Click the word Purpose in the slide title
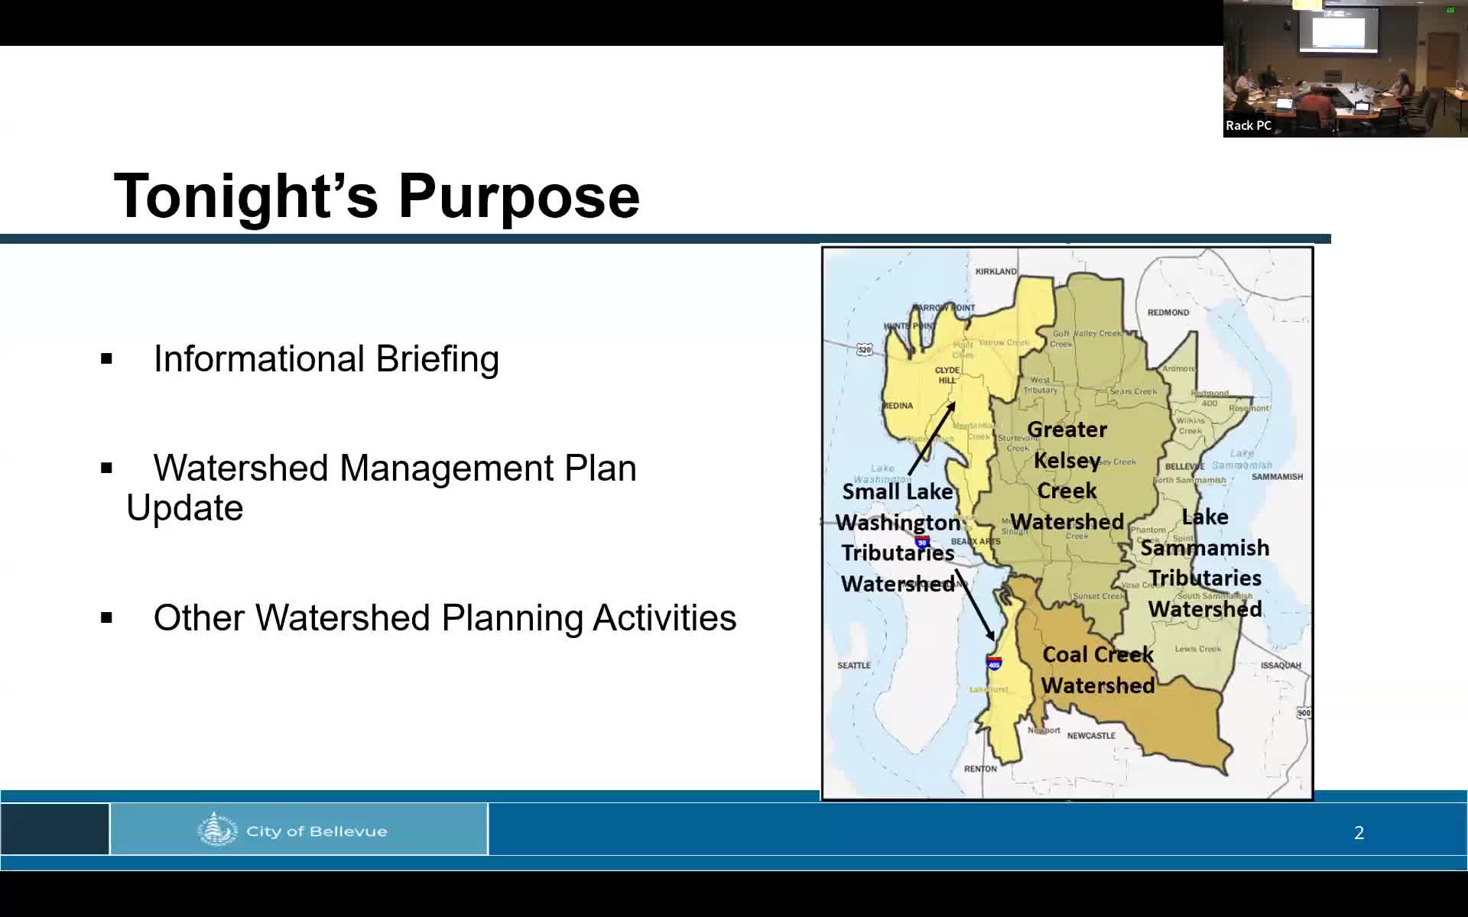point(518,197)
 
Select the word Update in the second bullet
point(185,508)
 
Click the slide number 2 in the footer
point(1359,833)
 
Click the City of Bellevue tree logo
point(217,830)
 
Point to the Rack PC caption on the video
point(1248,125)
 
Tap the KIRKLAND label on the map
point(995,271)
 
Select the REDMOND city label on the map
point(1168,313)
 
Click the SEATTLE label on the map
point(853,666)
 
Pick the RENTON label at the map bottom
point(979,769)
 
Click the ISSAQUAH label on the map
point(1281,666)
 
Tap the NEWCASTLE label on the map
point(1091,736)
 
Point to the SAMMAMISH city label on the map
point(1277,477)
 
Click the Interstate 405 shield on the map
point(994,663)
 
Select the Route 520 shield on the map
point(864,350)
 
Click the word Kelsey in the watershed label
point(1067,461)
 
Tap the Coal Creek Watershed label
point(1097,670)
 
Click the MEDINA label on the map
point(899,406)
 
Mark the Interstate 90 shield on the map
point(923,543)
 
